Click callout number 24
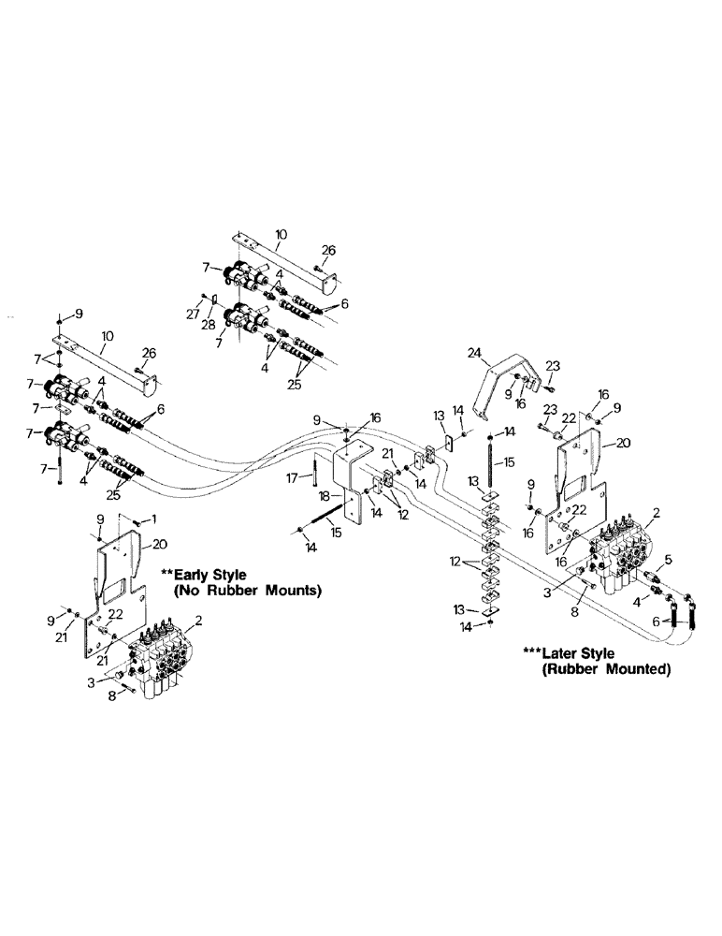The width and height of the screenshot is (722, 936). (x=475, y=353)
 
